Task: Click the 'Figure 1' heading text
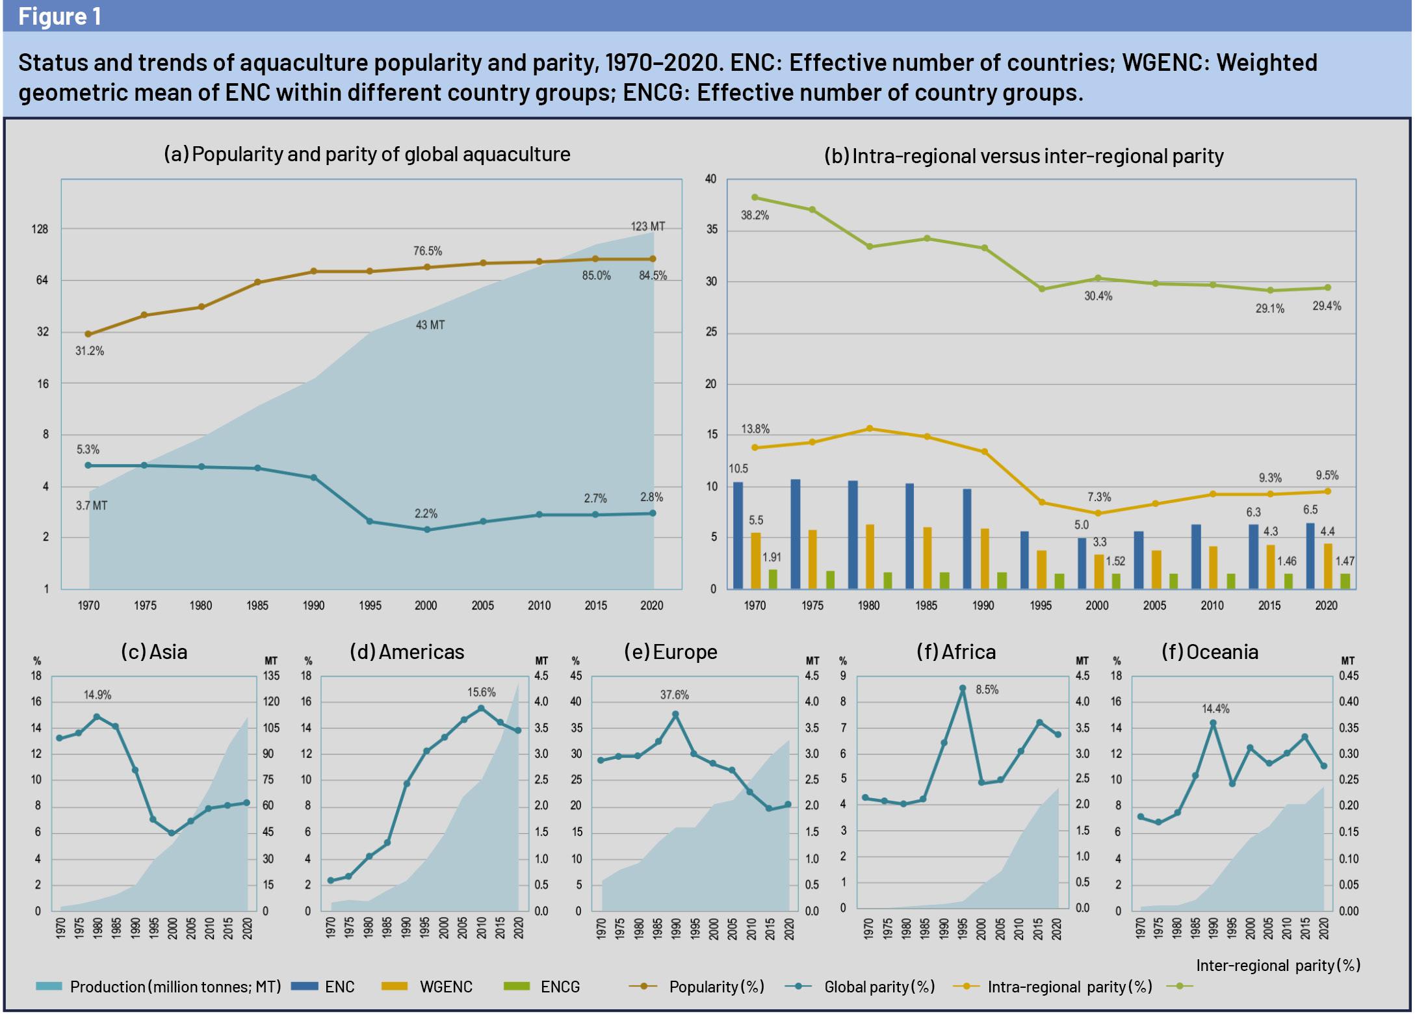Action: point(60,16)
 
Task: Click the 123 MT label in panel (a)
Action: point(647,227)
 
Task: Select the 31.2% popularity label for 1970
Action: point(90,351)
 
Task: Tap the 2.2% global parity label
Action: point(426,513)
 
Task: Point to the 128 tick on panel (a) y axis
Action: point(41,229)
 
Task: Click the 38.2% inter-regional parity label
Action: point(755,215)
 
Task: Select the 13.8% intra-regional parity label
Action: point(755,429)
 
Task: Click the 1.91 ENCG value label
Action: point(772,557)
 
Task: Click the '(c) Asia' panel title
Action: point(154,652)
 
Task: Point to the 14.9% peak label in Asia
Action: point(97,695)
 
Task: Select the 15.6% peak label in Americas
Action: point(481,692)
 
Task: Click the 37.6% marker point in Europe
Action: point(675,714)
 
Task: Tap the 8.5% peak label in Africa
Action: point(987,690)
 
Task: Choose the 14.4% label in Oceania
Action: point(1215,708)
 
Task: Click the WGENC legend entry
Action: point(446,987)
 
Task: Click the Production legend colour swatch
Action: point(49,987)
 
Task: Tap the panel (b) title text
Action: point(1024,156)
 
